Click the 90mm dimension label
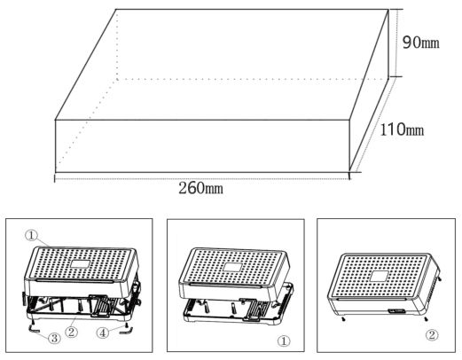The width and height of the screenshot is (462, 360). (x=420, y=43)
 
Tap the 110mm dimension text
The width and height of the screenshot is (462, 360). (x=402, y=129)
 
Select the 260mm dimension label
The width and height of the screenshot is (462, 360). (x=200, y=188)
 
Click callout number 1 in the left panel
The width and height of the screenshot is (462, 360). (x=31, y=236)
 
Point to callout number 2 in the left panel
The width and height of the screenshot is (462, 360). (x=71, y=332)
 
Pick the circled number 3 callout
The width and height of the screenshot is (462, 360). (x=54, y=338)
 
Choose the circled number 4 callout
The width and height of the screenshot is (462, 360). (x=103, y=333)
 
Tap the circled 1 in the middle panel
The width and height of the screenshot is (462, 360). (x=284, y=341)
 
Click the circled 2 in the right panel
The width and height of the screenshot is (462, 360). (x=432, y=335)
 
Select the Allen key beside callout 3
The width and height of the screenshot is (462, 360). (x=33, y=330)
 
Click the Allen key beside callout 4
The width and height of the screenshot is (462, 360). (x=126, y=332)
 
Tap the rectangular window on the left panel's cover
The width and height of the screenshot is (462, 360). (x=80, y=263)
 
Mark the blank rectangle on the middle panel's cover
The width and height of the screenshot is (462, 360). (x=232, y=267)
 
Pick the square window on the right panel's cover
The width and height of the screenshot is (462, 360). (x=380, y=276)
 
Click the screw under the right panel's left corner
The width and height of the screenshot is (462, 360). (x=343, y=319)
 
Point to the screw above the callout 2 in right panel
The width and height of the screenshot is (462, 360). (x=426, y=319)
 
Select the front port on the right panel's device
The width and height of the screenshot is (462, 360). (x=396, y=311)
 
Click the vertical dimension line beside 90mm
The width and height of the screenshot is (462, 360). (x=388, y=43)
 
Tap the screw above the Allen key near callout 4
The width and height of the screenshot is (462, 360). (x=127, y=325)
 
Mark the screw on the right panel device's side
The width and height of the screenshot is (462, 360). (x=441, y=278)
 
